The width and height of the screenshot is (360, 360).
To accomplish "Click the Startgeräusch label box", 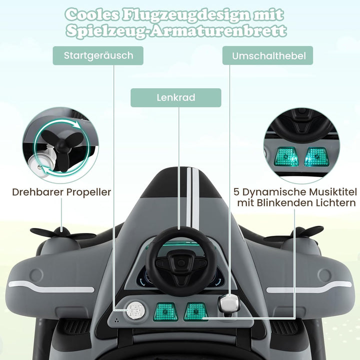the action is click(98, 55).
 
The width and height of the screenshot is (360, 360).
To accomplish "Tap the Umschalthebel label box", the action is click(267, 55).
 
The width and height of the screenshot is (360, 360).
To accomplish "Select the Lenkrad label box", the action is click(176, 97).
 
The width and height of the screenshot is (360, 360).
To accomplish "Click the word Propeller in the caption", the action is click(88, 192).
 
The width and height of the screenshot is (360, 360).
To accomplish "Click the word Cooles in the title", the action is click(92, 15).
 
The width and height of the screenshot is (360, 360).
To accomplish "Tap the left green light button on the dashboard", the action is click(165, 311).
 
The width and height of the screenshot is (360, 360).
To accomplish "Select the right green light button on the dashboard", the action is click(195, 311).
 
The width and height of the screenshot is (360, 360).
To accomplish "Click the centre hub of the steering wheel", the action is click(181, 262).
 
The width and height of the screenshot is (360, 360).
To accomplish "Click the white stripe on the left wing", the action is click(51, 286).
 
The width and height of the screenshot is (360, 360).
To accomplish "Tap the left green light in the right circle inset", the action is click(286, 156).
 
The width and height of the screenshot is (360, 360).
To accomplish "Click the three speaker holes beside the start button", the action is click(117, 320).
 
